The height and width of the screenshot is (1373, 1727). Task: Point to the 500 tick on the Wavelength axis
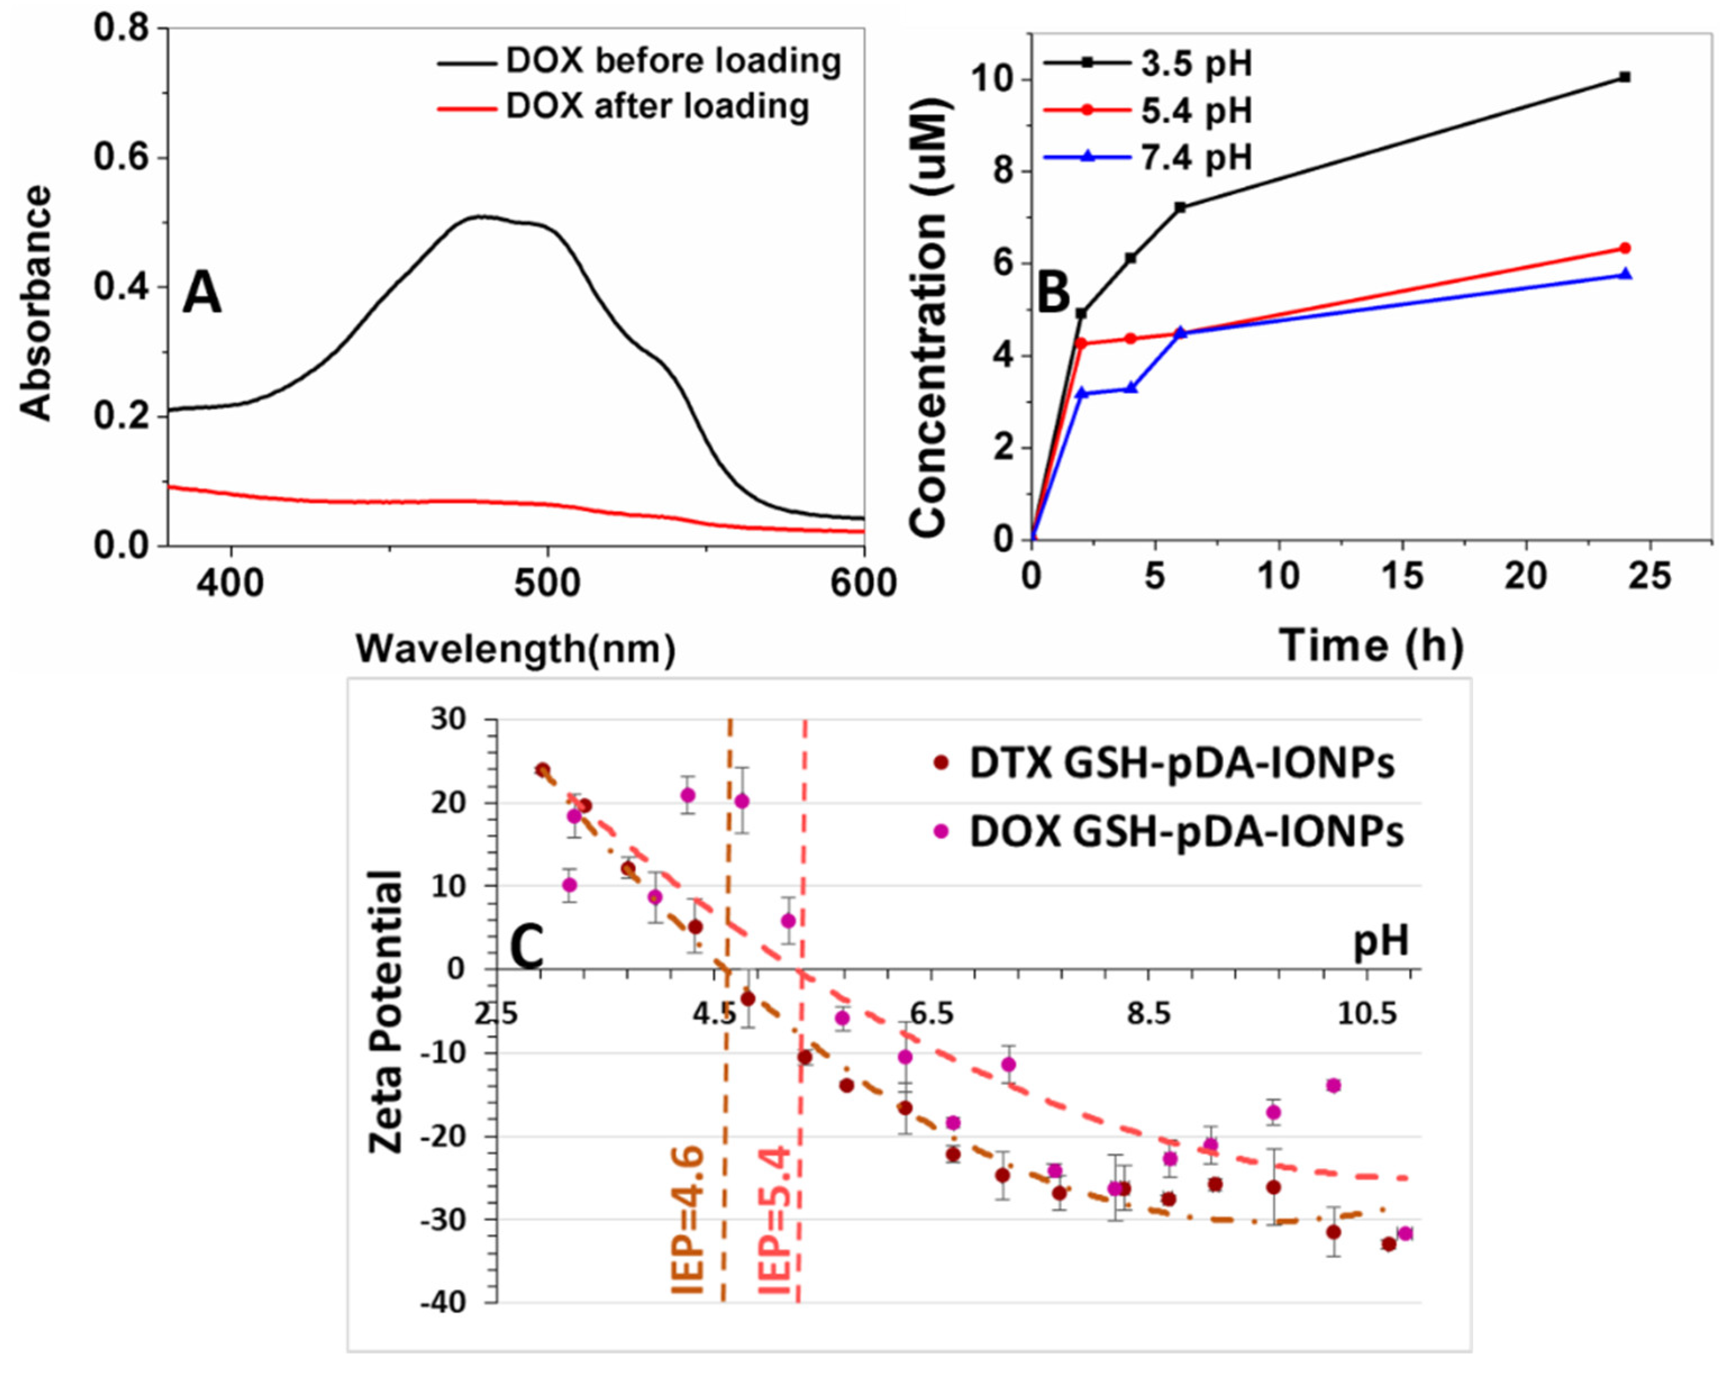[x=547, y=583]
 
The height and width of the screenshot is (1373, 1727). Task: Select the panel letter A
[x=202, y=294]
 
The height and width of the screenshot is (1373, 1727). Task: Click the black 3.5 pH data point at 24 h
[x=1624, y=77]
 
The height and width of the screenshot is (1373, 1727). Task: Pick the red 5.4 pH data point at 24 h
[x=1624, y=248]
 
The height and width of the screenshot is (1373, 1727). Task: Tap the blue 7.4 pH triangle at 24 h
[x=1624, y=274]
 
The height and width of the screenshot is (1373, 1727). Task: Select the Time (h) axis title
[x=1370, y=645]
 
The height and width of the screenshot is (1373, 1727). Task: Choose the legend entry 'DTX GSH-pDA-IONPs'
[x=1182, y=763]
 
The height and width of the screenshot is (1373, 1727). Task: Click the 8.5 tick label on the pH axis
[x=1148, y=1014]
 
